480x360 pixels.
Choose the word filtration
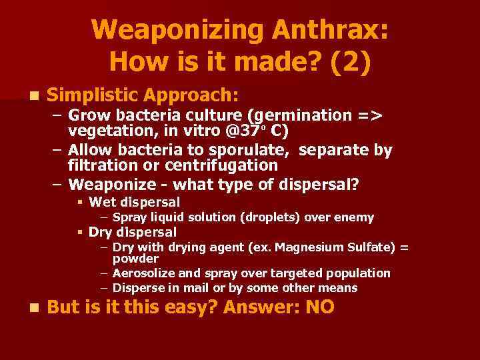coord(104,165)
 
